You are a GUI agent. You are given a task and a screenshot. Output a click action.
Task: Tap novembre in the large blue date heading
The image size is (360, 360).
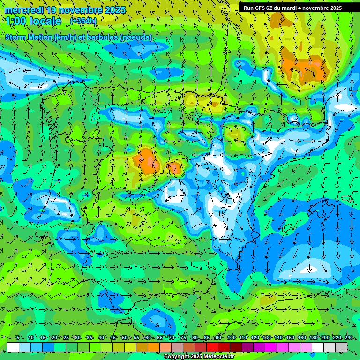pos(79,10)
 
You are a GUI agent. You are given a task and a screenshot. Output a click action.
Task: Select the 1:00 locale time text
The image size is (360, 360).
pos(33,21)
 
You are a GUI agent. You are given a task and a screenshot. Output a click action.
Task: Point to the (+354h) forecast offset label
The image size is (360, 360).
pos(83,21)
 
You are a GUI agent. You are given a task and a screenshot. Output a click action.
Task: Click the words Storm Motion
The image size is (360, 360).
pos(29,37)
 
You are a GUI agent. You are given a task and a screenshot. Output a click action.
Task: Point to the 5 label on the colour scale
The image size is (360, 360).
pos(18,337)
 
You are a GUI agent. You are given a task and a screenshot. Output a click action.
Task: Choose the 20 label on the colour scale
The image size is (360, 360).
pos(54,337)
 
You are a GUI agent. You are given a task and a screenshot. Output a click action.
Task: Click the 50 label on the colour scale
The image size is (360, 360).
pos(124,337)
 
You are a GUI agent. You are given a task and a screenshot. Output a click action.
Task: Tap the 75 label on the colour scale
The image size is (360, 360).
pos(183,337)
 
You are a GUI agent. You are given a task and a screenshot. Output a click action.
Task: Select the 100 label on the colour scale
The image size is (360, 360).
pos(231,337)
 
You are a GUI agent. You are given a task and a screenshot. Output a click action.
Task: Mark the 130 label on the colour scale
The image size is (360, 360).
pos(267,337)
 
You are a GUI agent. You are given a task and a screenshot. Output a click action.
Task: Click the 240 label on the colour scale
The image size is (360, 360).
pos(349,337)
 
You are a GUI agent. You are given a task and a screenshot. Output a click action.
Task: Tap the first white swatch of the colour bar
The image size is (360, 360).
pos(13,347)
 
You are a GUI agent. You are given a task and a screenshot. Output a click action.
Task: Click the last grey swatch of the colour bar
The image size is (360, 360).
pos(341,347)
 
